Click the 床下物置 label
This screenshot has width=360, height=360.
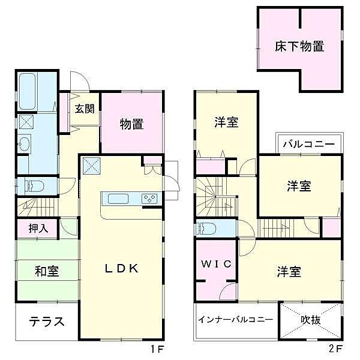(x=300, y=46)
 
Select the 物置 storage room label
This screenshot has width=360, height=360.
(x=131, y=124)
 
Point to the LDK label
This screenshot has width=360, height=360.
(x=122, y=269)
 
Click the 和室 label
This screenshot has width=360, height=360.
(x=46, y=271)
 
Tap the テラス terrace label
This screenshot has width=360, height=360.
(x=46, y=321)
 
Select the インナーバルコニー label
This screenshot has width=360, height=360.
(x=236, y=319)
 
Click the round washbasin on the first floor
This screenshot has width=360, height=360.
(x=24, y=143)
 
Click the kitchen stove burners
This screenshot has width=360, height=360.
(x=149, y=198)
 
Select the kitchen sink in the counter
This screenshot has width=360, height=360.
(x=116, y=198)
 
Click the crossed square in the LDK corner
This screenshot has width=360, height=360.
(x=92, y=164)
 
